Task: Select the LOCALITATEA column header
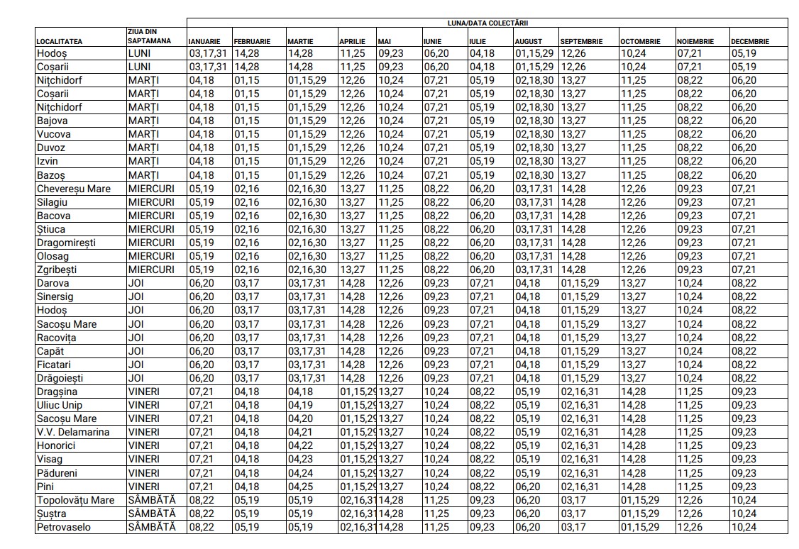pos(60,41)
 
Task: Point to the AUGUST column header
pos(528,41)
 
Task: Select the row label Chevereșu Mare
pos(74,189)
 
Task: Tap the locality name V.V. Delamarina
pos(73,432)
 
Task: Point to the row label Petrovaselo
pos(64,527)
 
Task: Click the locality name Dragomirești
pos(66,243)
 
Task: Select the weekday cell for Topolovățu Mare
pos(151,500)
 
